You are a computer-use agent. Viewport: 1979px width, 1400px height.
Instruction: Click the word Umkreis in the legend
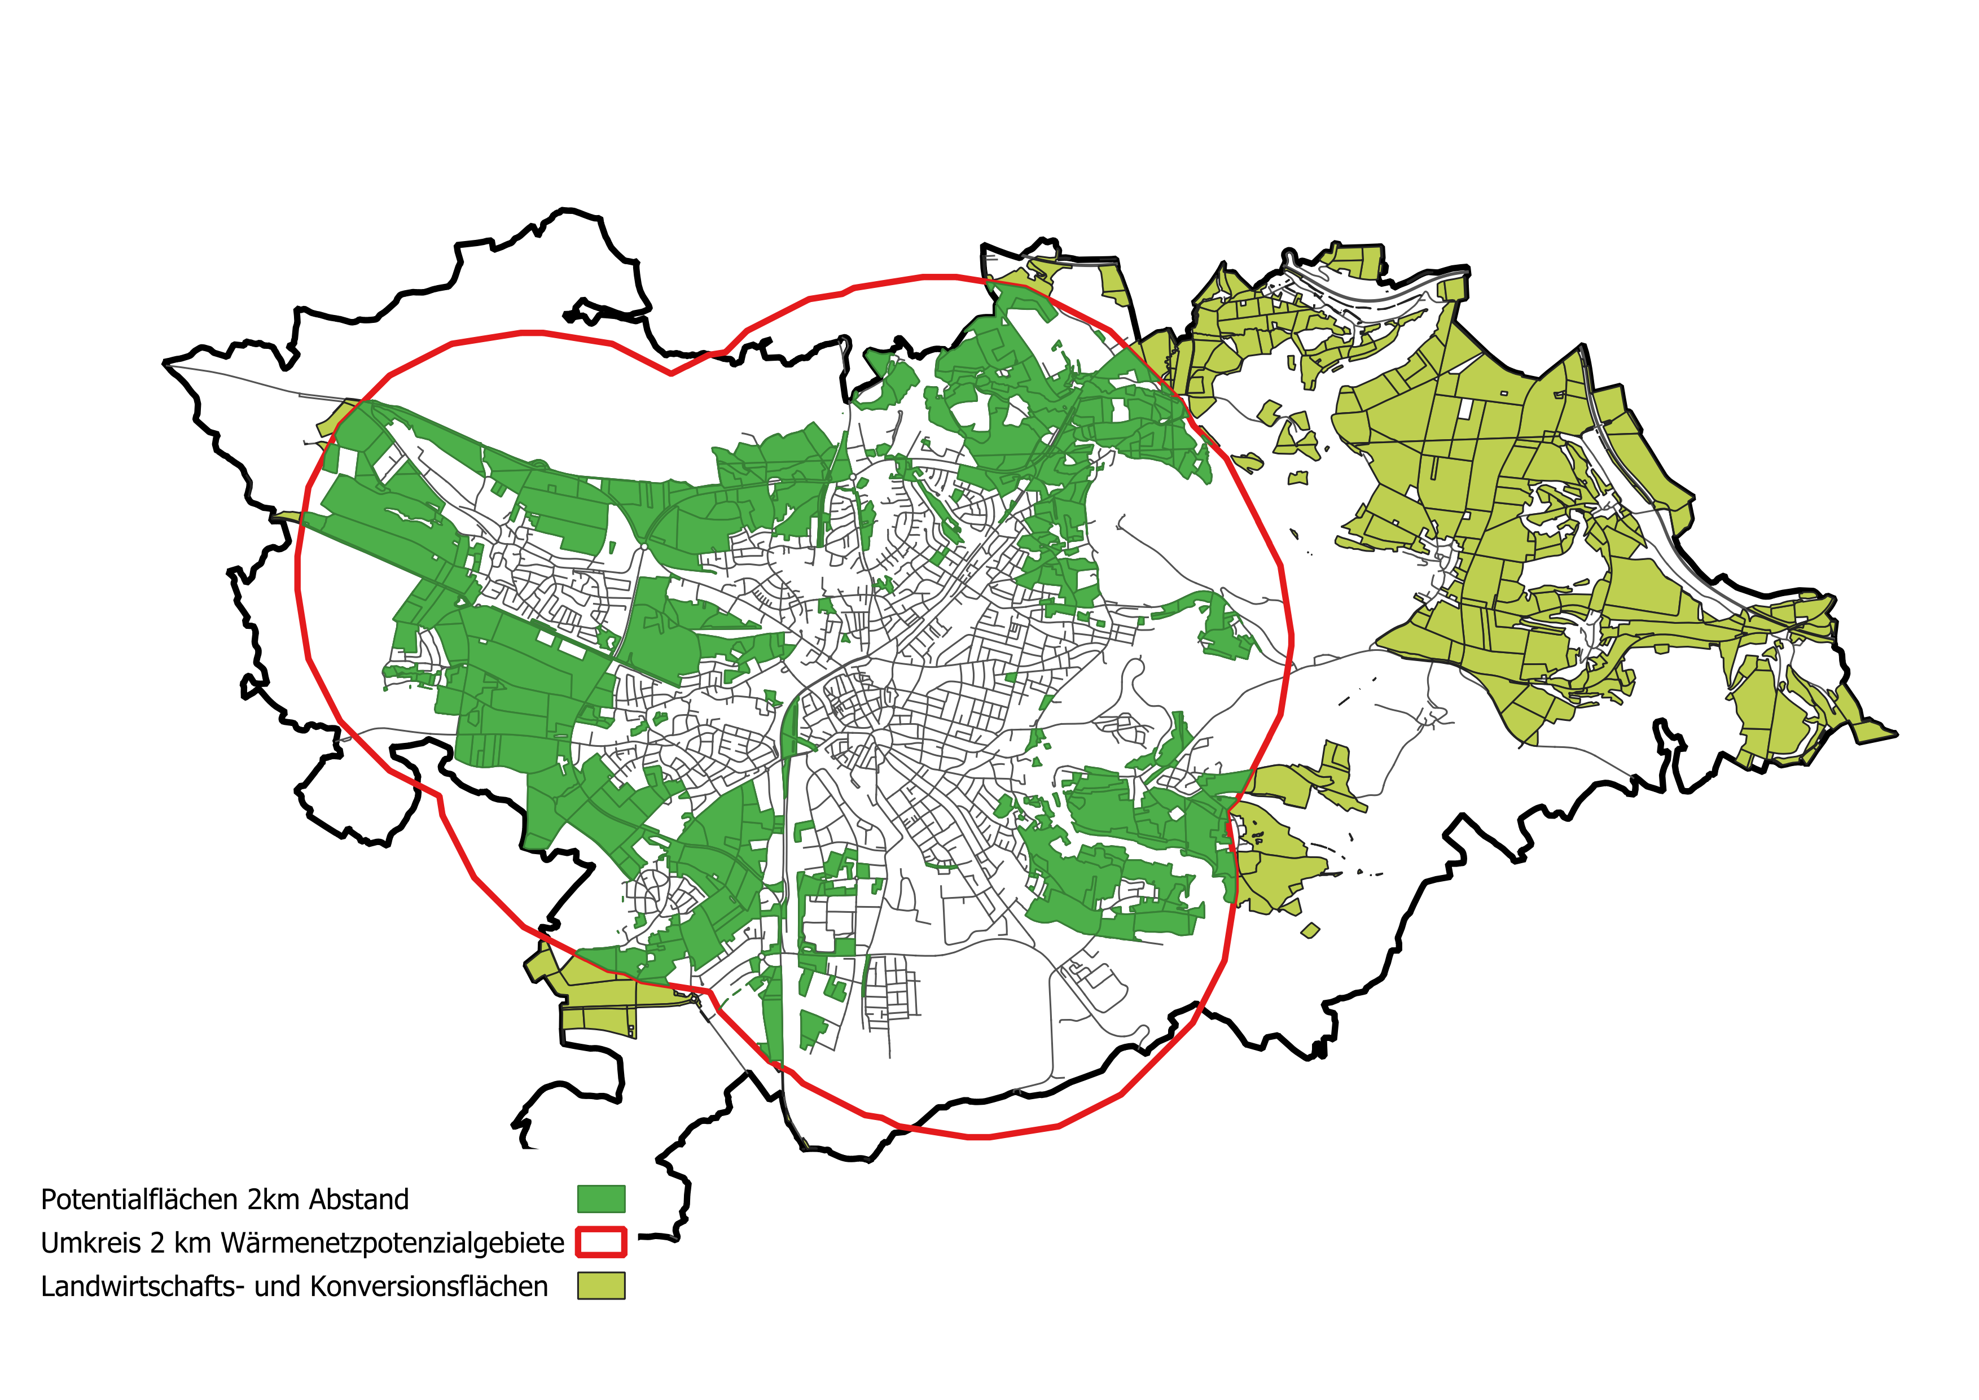[90, 1243]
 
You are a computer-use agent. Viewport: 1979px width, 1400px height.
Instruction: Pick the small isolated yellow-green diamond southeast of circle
[1310, 930]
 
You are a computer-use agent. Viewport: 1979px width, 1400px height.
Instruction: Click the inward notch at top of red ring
[672, 373]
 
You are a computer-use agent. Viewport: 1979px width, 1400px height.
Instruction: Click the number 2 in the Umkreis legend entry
[157, 1243]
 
